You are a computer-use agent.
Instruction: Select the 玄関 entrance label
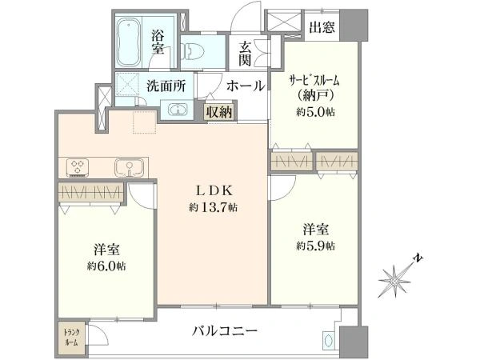coord(245,54)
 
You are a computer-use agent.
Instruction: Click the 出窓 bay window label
coord(322,27)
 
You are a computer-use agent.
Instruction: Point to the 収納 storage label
coord(219,112)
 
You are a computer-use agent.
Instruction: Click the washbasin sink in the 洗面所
coord(178,110)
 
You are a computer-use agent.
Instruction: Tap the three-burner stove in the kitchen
coord(78,168)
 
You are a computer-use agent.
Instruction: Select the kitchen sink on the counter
coord(129,167)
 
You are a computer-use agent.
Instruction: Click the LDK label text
coord(214,191)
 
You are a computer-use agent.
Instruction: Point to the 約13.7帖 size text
coord(213,208)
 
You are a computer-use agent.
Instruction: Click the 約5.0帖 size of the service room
coord(315,112)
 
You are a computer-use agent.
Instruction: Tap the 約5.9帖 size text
coord(315,246)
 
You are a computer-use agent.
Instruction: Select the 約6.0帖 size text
coord(106,266)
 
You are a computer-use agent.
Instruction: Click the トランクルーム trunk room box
coord(71,337)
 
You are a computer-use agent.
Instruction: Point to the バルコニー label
coord(225,331)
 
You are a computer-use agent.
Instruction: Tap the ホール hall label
coord(246,86)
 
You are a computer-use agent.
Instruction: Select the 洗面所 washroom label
coord(166,86)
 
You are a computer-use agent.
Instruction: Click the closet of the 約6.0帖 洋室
coord(91,193)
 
